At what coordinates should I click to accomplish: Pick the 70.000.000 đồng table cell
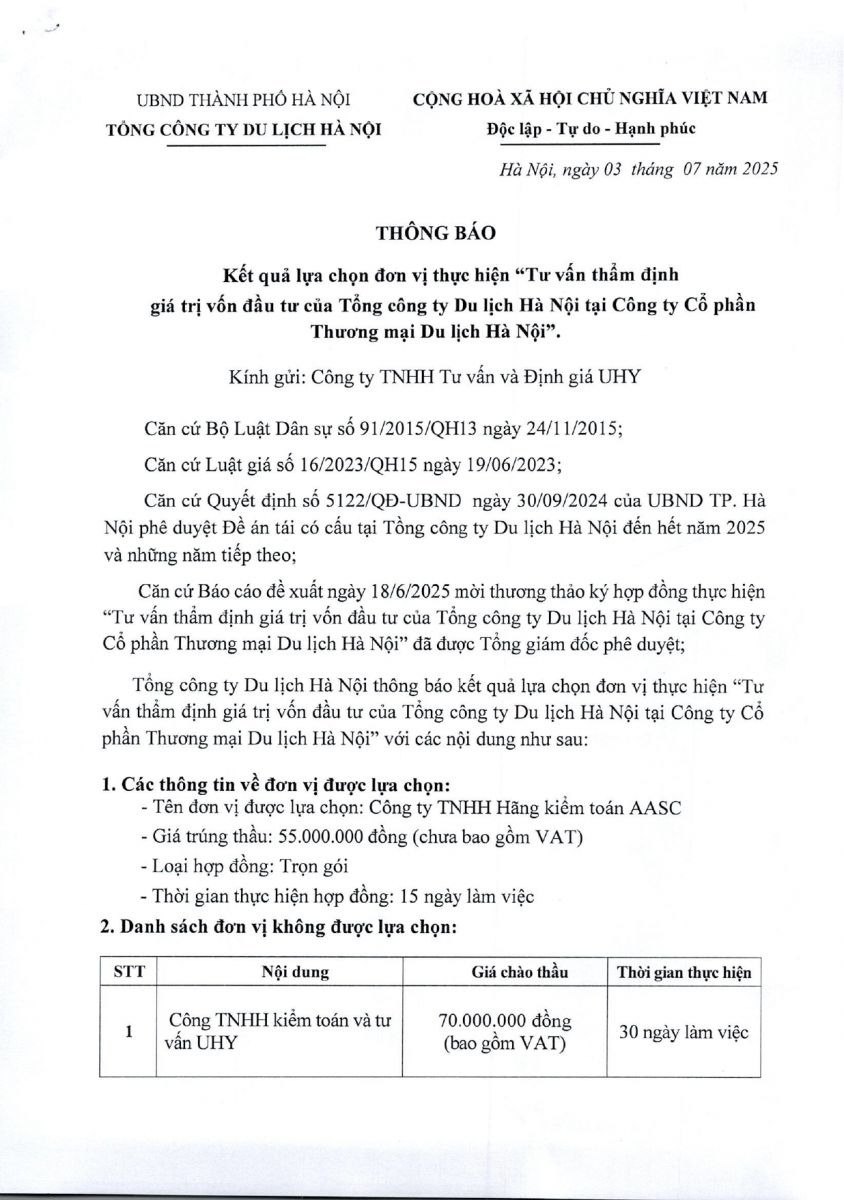(x=505, y=1022)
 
